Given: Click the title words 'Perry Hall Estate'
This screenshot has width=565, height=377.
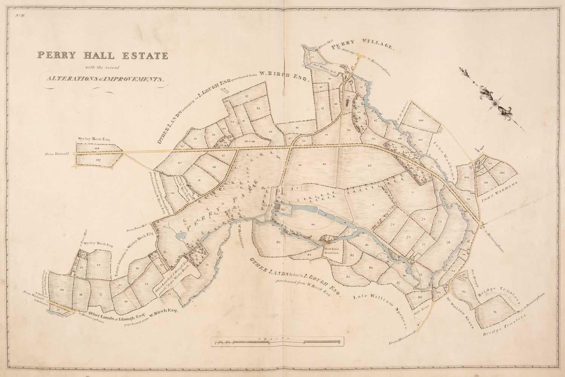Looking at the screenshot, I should [102, 55].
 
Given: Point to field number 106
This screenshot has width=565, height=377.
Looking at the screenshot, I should [421, 120].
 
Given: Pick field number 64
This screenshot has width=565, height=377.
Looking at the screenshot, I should [370, 166].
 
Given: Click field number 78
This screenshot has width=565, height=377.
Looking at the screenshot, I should [448, 242].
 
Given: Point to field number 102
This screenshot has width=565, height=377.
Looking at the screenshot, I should [502, 173].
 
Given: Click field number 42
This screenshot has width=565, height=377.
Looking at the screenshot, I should [247, 97].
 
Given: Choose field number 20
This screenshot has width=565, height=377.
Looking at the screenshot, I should [62, 290].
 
